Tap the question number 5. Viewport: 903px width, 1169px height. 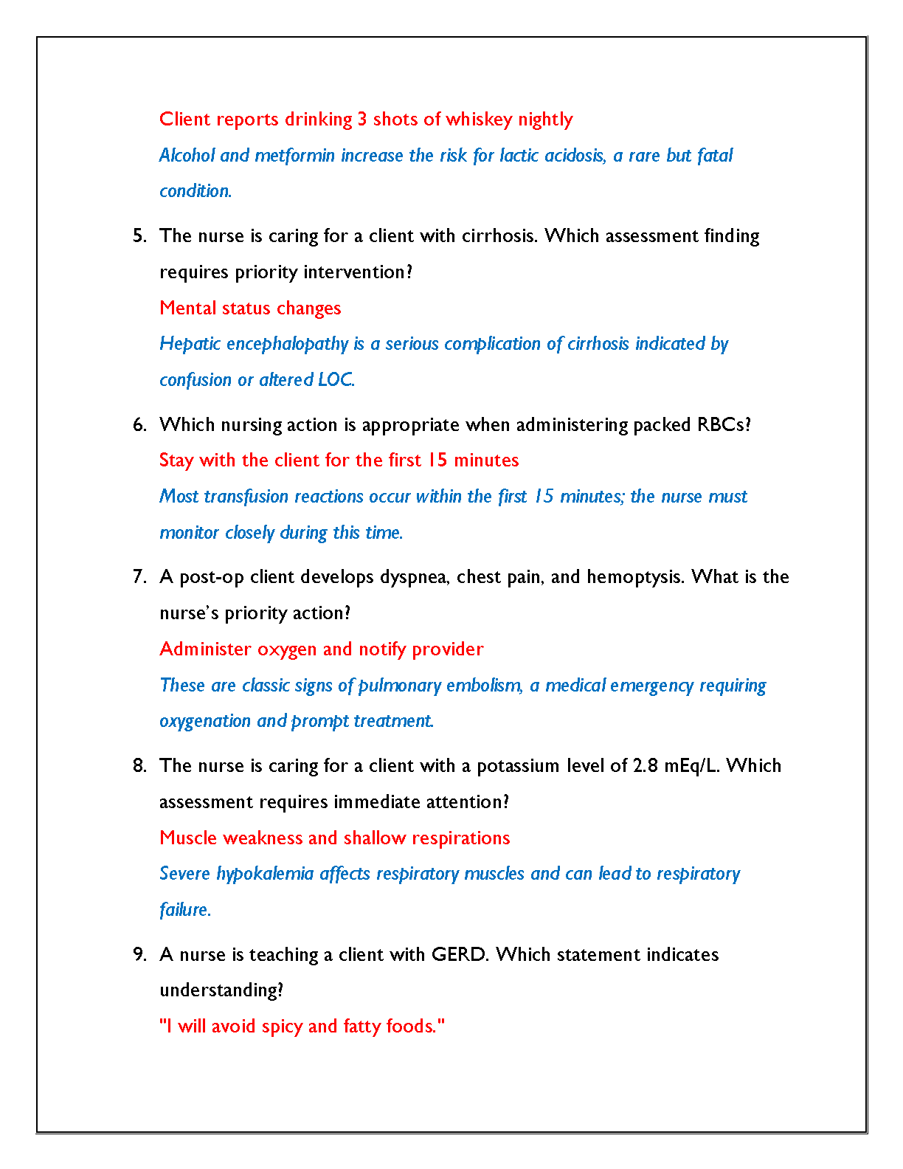coord(139,236)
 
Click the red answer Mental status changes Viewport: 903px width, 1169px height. coord(250,308)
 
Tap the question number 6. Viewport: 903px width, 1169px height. coord(139,425)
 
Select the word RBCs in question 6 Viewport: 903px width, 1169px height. coord(723,425)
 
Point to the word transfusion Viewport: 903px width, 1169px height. coord(246,497)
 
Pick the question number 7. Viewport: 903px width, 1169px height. coord(139,577)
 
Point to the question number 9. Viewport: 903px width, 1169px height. coord(139,955)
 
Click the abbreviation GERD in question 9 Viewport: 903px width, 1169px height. coord(459,955)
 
